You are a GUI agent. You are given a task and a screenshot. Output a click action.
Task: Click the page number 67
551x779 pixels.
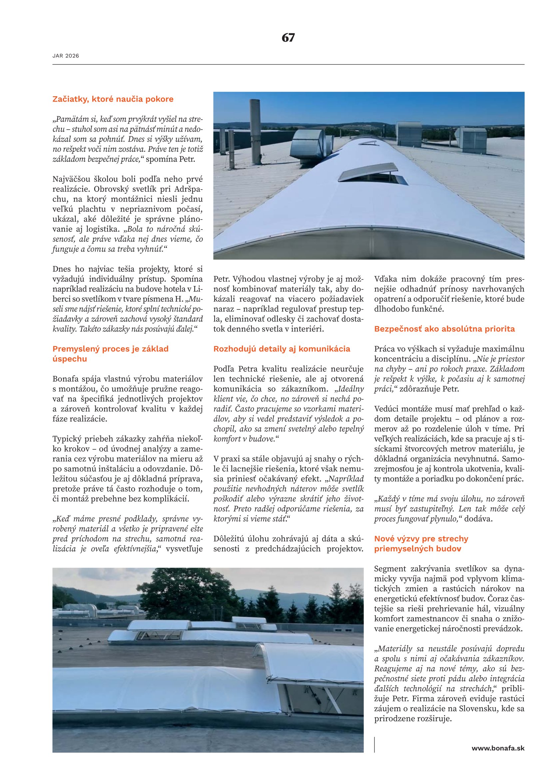(288, 37)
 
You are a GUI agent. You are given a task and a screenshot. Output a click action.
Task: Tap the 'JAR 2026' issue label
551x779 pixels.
(66, 56)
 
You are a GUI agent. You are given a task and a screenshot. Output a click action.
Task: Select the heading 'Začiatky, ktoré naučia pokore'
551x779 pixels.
(113, 99)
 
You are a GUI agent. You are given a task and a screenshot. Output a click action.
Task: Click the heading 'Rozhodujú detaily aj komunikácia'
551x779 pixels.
(281, 349)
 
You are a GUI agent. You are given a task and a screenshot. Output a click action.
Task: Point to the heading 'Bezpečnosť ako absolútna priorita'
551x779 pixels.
(444, 329)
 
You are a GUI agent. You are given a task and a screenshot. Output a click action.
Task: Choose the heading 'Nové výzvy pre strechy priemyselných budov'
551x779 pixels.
(421, 544)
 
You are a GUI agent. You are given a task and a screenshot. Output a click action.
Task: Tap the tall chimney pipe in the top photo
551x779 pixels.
(255, 131)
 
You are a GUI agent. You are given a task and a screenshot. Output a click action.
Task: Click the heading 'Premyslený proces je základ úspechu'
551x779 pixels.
(110, 354)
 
